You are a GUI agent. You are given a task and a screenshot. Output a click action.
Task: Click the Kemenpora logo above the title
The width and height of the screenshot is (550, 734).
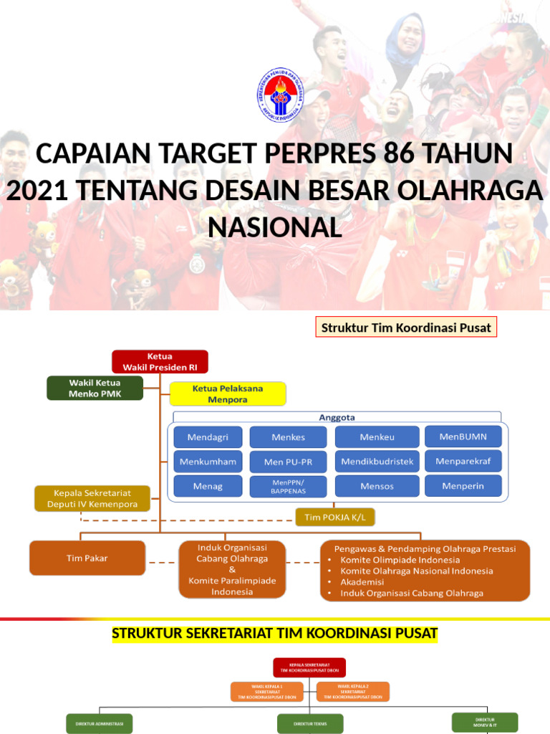coord(280,95)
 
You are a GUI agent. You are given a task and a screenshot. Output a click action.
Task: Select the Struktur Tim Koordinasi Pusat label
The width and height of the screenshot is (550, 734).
coord(406,328)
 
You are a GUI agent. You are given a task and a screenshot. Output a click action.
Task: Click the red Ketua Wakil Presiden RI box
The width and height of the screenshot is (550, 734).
coord(160,361)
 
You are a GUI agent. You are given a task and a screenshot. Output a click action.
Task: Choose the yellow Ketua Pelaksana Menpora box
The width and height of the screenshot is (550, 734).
coord(228,394)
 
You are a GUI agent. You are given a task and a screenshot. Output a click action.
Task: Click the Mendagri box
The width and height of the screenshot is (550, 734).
coord(208,437)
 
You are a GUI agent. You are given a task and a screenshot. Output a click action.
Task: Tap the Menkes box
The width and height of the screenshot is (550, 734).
coord(288,437)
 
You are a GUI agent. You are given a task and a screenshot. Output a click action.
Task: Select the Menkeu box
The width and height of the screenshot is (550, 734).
coord(377,437)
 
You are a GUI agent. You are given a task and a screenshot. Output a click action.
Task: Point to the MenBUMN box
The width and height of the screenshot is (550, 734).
coord(463,437)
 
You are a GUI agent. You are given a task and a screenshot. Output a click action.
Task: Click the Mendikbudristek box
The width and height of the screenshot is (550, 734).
coord(377,462)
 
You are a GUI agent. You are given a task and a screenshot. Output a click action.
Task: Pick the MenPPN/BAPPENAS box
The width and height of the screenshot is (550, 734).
coord(288,487)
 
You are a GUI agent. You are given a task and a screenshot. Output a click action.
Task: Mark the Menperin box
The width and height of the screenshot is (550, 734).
coord(463,486)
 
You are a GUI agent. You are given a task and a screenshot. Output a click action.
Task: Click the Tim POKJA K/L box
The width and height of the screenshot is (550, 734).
coord(335,517)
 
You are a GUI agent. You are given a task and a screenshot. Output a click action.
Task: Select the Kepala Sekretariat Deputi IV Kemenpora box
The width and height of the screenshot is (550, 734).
coord(92,498)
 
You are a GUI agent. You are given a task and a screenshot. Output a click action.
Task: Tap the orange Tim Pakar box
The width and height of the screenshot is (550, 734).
coord(87,558)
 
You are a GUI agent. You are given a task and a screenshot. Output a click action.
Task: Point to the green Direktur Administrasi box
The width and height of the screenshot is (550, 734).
coord(99,723)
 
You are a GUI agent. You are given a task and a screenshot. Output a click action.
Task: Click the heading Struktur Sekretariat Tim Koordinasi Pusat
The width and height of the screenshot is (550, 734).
coord(274,634)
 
